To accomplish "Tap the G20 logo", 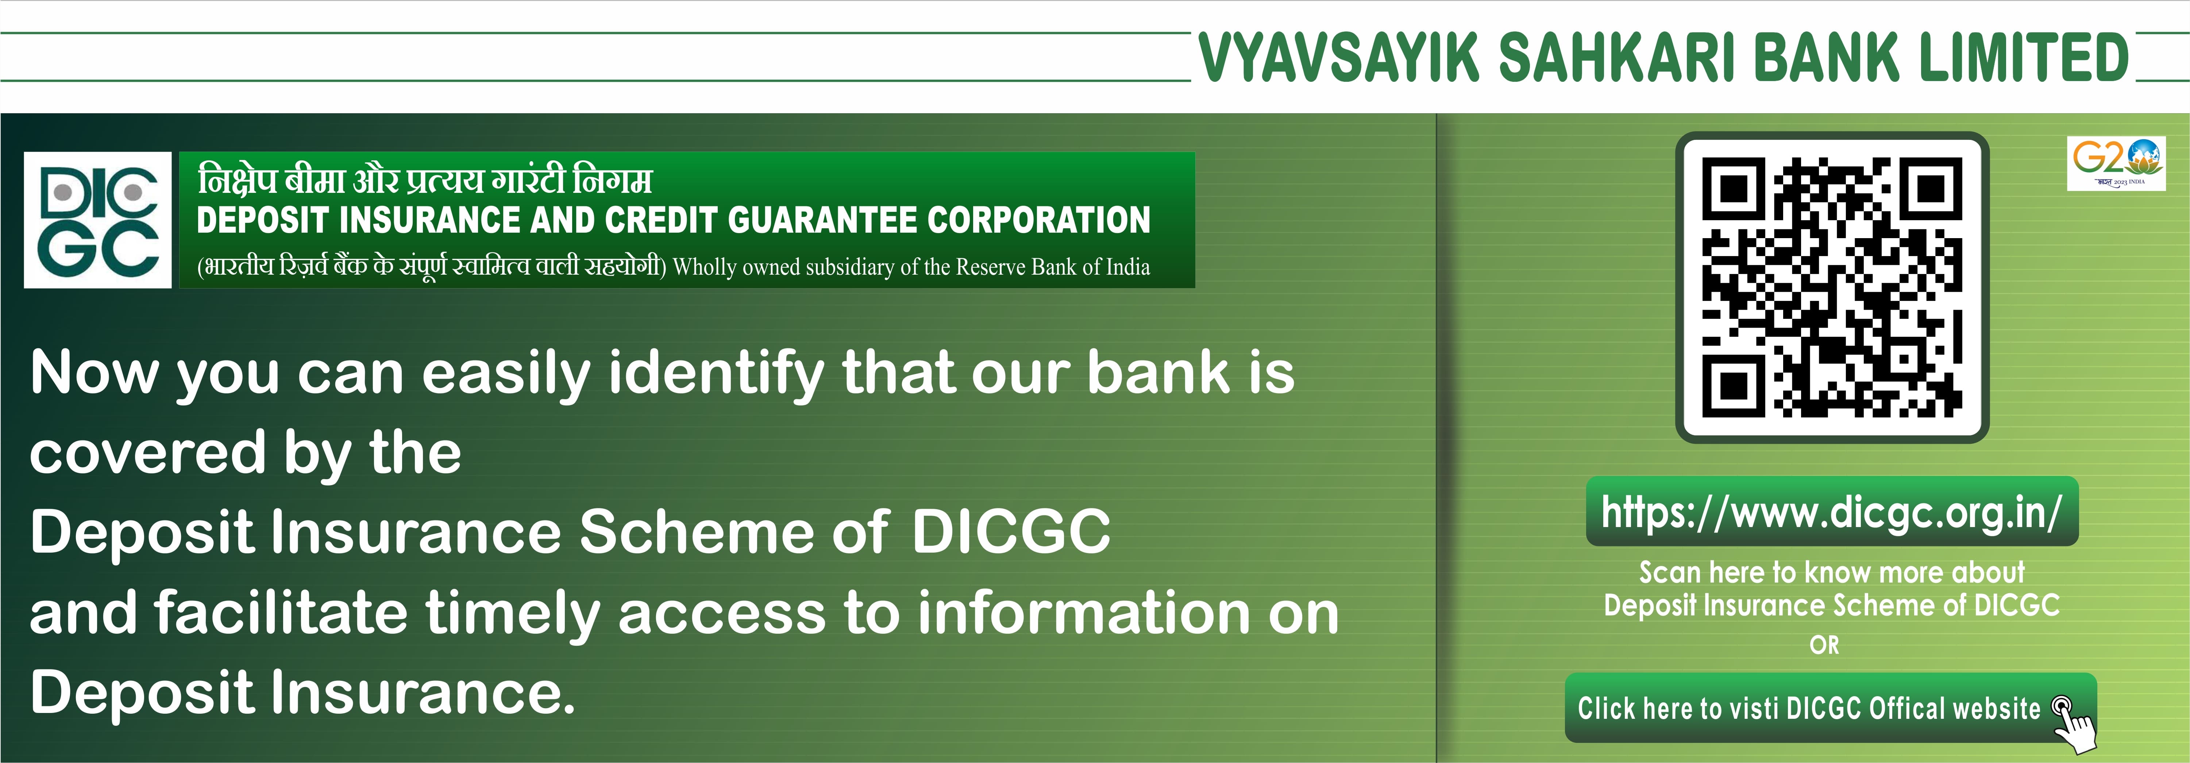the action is tap(2116, 163).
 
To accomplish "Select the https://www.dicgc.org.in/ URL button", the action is tap(1832, 511).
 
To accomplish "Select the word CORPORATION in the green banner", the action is tap(1039, 220).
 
